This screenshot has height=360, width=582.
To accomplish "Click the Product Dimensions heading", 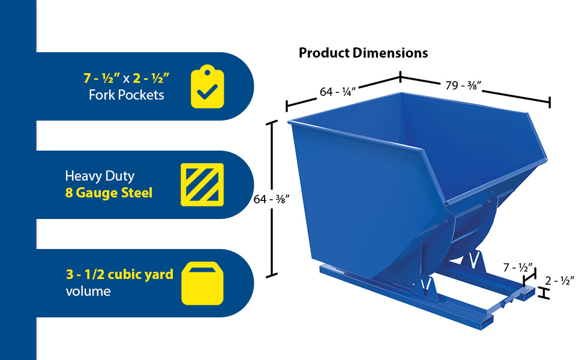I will click(x=363, y=53).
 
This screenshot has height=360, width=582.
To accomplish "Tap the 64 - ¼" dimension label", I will click(x=338, y=92).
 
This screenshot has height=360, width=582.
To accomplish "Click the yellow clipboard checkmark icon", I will click(x=207, y=88).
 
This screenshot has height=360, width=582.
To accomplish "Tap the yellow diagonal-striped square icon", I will click(x=202, y=185).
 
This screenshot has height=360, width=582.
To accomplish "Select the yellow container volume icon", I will click(x=202, y=283).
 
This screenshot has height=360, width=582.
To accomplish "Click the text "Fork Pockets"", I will click(x=126, y=95).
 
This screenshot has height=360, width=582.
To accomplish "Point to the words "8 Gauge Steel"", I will click(x=109, y=193).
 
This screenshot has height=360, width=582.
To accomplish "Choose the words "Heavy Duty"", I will click(x=100, y=176).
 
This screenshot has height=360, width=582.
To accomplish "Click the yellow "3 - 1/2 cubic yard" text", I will click(x=119, y=275).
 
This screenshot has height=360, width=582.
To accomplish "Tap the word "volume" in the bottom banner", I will click(x=88, y=292).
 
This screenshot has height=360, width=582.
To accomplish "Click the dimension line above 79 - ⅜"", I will click(x=516, y=96).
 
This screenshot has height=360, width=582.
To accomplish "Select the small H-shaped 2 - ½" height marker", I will click(x=544, y=292).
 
